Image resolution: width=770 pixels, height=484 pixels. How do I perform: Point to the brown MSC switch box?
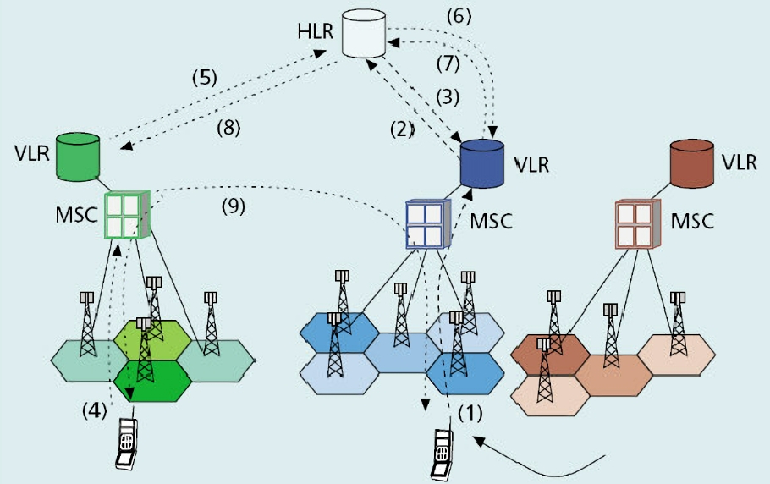click(637, 223)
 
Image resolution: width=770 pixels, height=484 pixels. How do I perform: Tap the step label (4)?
click(94, 411)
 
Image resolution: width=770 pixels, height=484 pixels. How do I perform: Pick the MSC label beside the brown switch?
click(691, 222)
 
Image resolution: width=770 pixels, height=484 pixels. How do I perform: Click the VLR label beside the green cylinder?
click(30, 154)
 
